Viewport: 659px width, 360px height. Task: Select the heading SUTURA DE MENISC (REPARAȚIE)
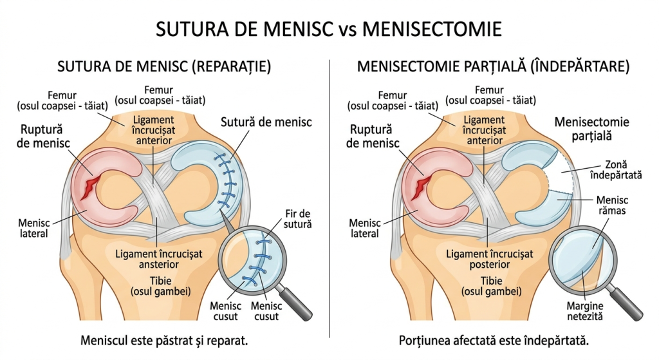click(164, 66)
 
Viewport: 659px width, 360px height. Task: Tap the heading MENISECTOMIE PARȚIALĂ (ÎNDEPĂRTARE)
click(494, 66)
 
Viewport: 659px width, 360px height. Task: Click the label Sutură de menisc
click(266, 122)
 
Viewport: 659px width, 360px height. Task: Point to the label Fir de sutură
click(297, 219)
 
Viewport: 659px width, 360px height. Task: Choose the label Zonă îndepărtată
click(616, 169)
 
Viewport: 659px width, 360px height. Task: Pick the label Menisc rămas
click(612, 205)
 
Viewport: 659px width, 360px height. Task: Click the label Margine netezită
click(584, 311)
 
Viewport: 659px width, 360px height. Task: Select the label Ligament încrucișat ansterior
click(159, 259)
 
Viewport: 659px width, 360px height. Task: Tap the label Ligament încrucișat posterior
click(490, 259)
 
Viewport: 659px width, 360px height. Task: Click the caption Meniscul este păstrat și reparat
click(164, 340)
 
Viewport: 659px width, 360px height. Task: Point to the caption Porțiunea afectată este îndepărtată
click(494, 340)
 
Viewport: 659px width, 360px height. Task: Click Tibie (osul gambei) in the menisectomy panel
click(491, 286)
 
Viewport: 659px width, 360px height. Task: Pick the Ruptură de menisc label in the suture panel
click(43, 137)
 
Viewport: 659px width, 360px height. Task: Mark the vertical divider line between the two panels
click(329, 198)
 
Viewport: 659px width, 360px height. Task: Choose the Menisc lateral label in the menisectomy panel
click(364, 229)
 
